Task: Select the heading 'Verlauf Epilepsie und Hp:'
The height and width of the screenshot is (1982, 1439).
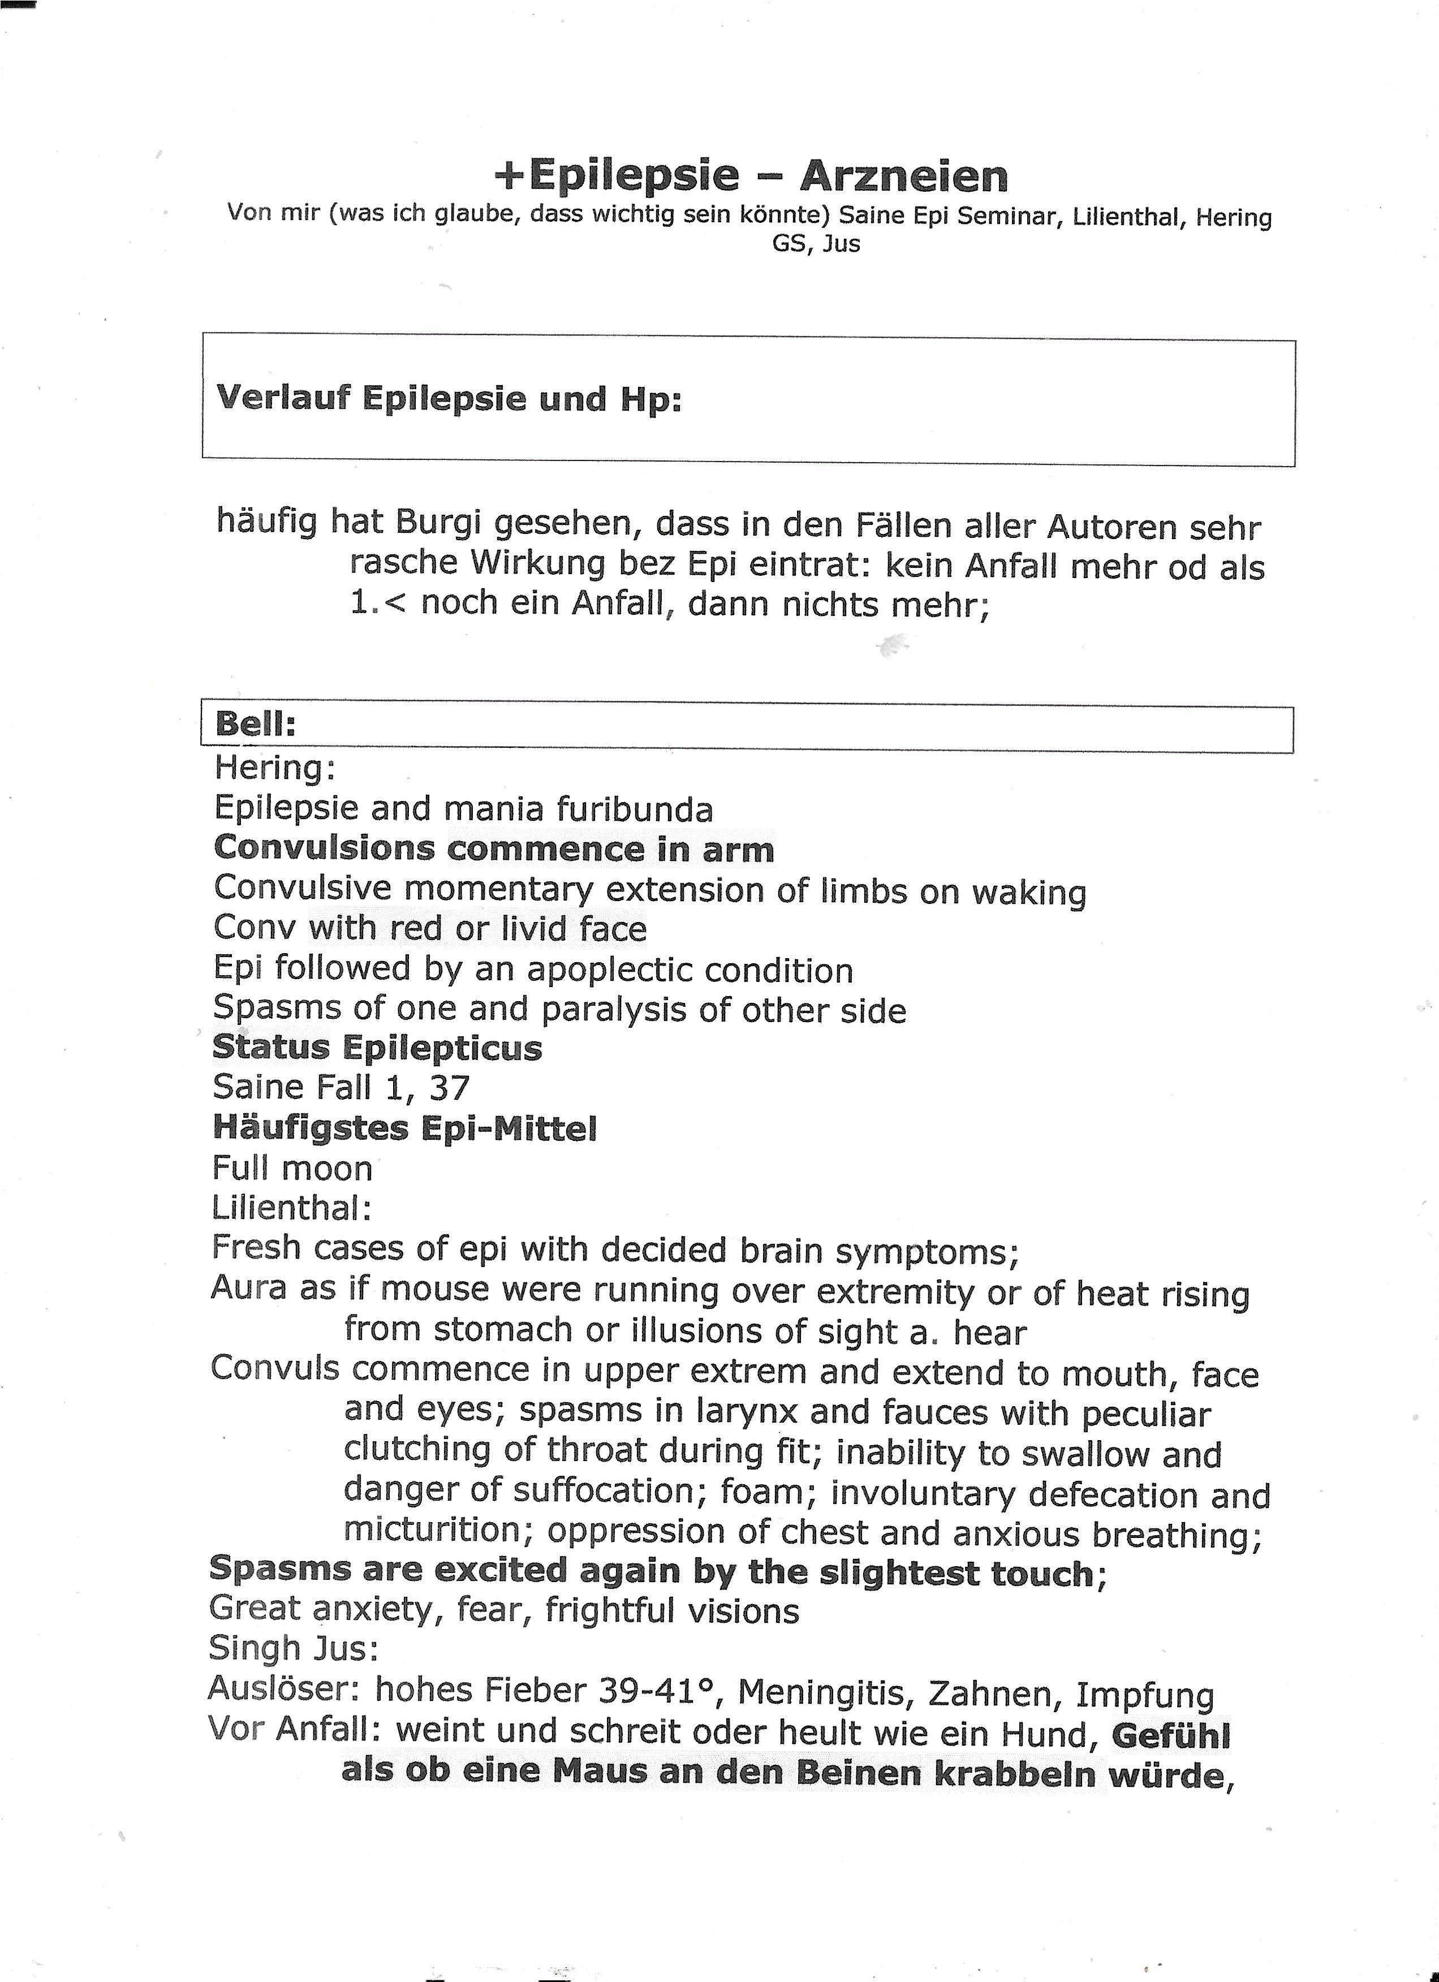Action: [448, 399]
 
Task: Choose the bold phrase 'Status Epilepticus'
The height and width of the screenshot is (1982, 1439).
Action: [377, 1047]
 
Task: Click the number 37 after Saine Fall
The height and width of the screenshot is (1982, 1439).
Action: [449, 1088]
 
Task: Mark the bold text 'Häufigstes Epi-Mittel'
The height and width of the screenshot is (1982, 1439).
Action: [404, 1128]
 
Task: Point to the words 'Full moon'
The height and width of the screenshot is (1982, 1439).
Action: [292, 1169]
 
